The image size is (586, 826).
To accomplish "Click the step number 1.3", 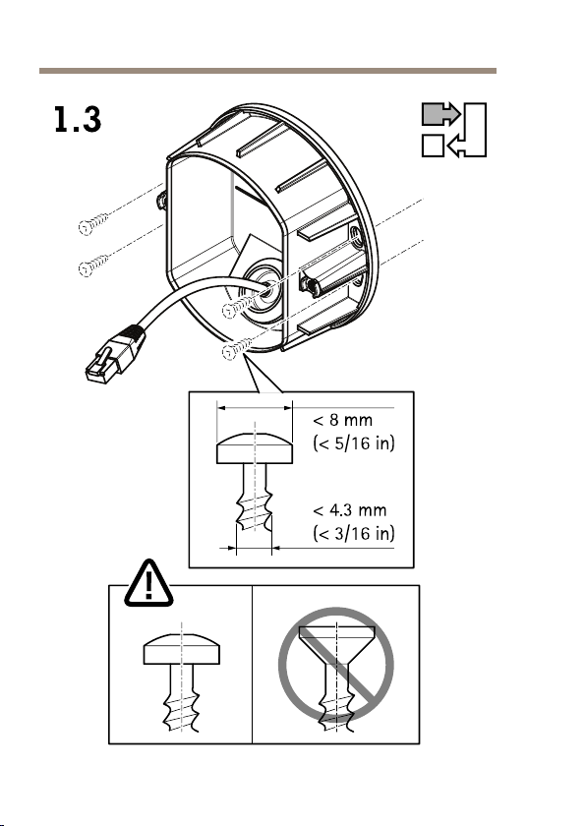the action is [x=78, y=120].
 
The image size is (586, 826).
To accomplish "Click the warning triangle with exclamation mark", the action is [x=148, y=583].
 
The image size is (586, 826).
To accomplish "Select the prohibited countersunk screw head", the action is [x=337, y=639].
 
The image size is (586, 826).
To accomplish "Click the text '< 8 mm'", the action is [x=343, y=421].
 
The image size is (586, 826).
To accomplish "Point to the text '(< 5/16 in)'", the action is [x=354, y=443].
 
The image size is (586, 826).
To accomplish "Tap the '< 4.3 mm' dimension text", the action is [x=350, y=510].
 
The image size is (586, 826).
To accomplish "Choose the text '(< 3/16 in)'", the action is [x=354, y=533].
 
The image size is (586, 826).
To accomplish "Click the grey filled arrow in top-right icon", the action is [x=441, y=114].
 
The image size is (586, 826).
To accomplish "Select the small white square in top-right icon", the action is [x=433, y=146].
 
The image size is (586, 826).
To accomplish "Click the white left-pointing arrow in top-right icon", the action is [x=456, y=146].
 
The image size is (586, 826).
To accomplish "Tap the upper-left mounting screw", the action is [x=93, y=224].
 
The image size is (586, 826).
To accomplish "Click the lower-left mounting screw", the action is [x=93, y=265].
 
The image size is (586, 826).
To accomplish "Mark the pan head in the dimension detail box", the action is [x=255, y=448].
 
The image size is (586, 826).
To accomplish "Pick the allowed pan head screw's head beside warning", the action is [x=182, y=649].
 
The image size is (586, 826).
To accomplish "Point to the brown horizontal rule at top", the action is [x=267, y=71].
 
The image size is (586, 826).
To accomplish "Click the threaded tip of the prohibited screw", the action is [x=337, y=711].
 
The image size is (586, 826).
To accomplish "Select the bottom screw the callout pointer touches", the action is [x=236, y=348].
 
